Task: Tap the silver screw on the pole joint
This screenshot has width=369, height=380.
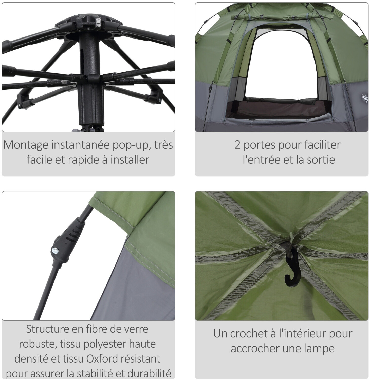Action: pyautogui.click(x=55, y=251)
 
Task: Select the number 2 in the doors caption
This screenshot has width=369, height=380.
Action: pyautogui.click(x=237, y=145)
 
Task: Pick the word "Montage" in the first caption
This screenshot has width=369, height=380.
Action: pyautogui.click(x=26, y=145)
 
